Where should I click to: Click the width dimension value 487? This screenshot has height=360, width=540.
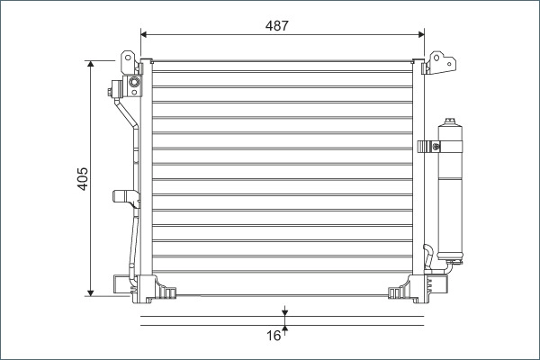click(x=277, y=26)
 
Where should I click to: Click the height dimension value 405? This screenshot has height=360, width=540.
click(x=82, y=178)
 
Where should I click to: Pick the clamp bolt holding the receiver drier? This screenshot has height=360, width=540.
click(x=427, y=145)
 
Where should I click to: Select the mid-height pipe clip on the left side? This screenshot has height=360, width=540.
click(x=121, y=196)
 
